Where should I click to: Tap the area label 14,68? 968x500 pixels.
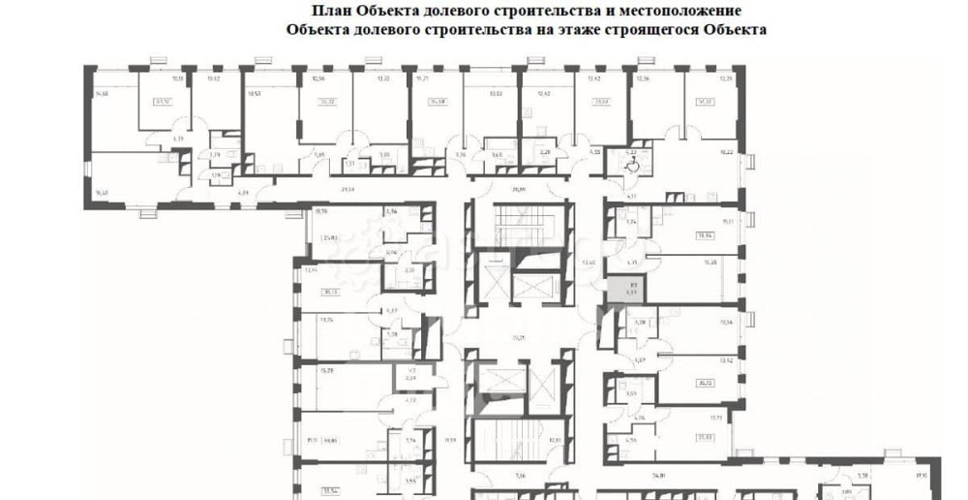coord(103,93)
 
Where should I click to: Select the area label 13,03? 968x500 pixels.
coord(496,93)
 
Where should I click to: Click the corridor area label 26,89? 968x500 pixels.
coord(519,190)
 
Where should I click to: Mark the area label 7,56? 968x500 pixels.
coord(519,476)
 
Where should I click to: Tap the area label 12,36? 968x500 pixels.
coord(644,78)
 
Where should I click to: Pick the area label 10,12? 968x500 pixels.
coord(214,78)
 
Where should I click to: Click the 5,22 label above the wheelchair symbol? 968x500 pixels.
coord(630,152)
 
